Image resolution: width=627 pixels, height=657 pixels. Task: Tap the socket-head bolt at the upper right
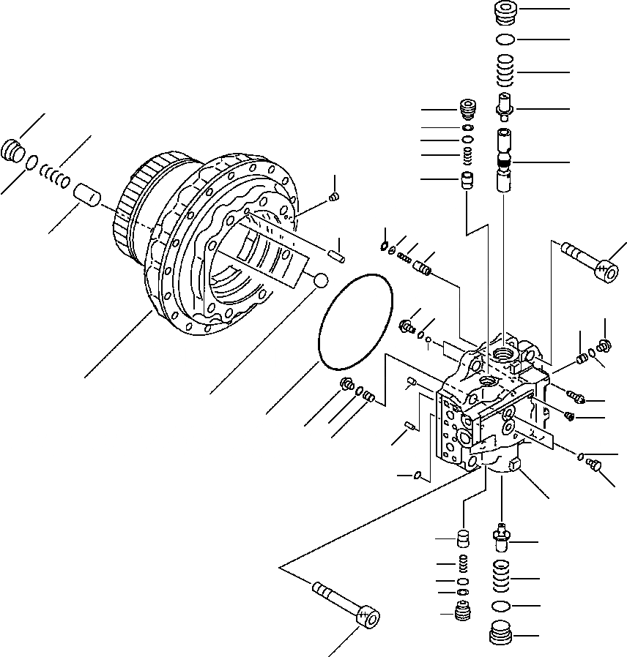pos(592,264)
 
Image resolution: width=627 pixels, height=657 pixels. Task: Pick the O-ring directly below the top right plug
pos(505,39)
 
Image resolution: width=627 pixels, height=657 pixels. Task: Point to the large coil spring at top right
pos(505,71)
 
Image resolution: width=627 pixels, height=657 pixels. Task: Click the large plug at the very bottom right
pos(502,634)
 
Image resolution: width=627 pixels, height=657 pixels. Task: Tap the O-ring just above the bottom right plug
pos(502,606)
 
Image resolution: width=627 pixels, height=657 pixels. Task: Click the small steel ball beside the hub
pos(319,279)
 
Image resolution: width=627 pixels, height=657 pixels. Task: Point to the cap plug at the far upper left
pos(13,151)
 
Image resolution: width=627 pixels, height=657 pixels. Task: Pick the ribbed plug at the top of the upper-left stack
pos(467,108)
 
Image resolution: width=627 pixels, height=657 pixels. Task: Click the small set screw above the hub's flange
pos(334,196)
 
